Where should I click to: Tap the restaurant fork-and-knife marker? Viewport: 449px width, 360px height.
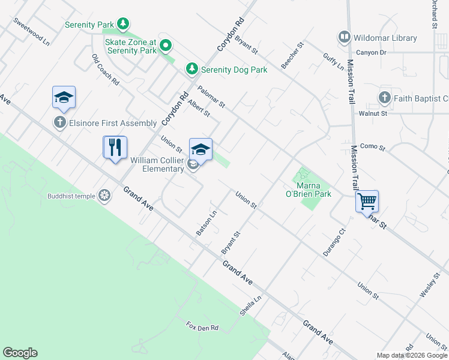click(x=115, y=147)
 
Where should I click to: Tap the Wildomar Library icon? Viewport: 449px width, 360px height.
click(x=344, y=38)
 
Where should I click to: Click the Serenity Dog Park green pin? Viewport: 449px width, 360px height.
click(x=192, y=70)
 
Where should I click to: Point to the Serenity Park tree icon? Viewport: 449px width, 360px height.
click(x=122, y=25)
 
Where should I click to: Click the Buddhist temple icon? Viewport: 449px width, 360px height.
click(x=104, y=196)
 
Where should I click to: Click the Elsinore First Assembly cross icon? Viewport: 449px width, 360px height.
click(x=59, y=123)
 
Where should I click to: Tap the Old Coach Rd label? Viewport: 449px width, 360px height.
click(x=106, y=70)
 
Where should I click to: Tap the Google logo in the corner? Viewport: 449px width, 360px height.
click(x=20, y=353)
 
